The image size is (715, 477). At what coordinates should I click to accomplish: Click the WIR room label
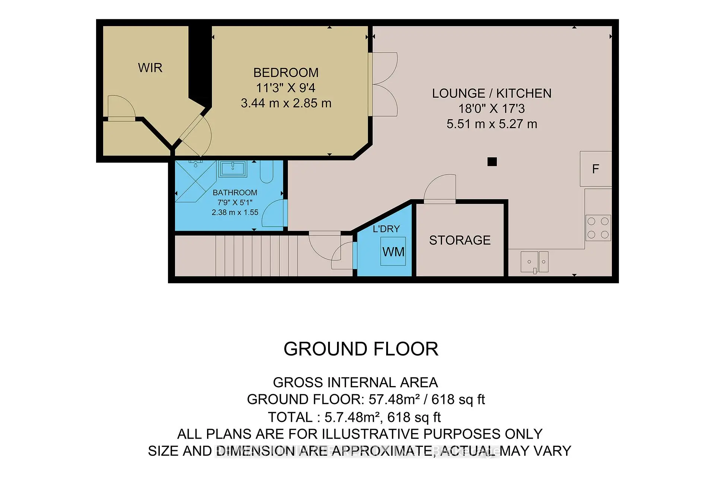pyautogui.click(x=150, y=68)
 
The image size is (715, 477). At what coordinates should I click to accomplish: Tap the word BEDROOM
pyautogui.click(x=286, y=72)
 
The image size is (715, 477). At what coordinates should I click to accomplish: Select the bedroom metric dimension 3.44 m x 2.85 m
pyautogui.click(x=286, y=103)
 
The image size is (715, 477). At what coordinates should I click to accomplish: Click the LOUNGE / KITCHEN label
pyautogui.click(x=492, y=93)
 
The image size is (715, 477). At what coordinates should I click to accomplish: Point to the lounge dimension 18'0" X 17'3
pyautogui.click(x=492, y=109)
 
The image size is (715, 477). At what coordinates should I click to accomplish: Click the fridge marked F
pyautogui.click(x=595, y=169)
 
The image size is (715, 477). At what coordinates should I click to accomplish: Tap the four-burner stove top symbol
pyautogui.click(x=598, y=228)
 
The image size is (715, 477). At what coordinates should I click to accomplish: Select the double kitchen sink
pyautogui.click(x=534, y=262)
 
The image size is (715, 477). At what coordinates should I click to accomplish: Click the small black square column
pyautogui.click(x=492, y=162)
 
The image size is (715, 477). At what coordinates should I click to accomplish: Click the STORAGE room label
pyautogui.click(x=460, y=240)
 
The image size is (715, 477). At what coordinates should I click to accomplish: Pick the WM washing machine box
pyautogui.click(x=393, y=252)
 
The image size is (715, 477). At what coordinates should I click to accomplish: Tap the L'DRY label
pyautogui.click(x=386, y=229)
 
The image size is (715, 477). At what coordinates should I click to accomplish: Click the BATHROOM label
pyautogui.click(x=235, y=193)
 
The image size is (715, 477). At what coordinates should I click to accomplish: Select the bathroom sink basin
pyautogui.click(x=233, y=169)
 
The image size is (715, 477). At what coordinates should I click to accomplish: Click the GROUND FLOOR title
pyautogui.click(x=360, y=349)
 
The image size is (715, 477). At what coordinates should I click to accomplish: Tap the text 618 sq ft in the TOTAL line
pyautogui.click(x=414, y=417)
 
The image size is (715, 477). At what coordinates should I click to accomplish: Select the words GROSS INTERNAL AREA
pyautogui.click(x=355, y=383)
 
